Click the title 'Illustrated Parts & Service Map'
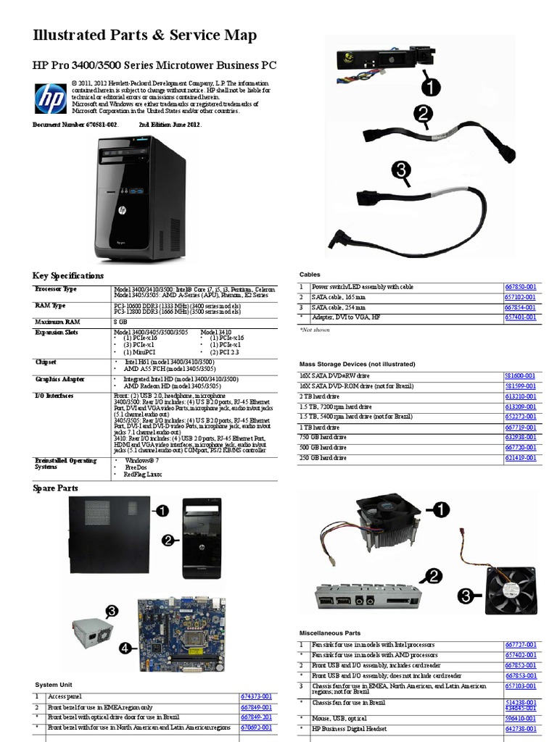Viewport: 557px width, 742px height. coord(145,36)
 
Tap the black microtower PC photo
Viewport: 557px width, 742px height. coord(139,200)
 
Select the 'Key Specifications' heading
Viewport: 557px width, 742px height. coord(68,276)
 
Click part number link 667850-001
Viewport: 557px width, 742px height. coord(520,287)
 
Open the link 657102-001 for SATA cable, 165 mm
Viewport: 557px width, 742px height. coord(520,297)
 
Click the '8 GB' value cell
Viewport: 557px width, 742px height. coord(120,320)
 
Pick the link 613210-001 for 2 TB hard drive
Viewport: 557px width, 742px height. coord(520,396)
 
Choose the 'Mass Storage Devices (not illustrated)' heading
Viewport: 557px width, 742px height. coord(358,364)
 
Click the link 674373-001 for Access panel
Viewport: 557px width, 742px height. coord(256,696)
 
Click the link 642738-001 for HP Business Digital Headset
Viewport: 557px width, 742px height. coord(520,728)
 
